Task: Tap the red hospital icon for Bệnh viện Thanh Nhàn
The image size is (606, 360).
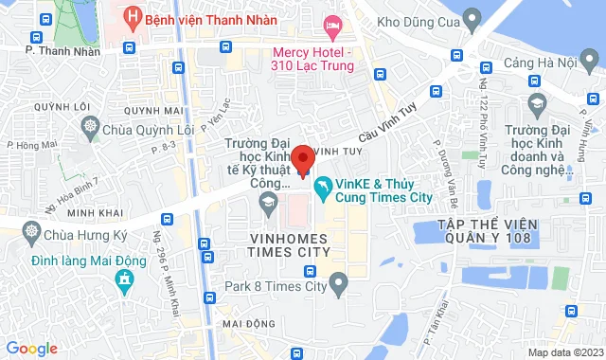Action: point(134,17)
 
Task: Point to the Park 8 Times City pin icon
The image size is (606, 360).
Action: point(340,282)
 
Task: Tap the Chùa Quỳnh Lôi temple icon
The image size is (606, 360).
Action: point(91,126)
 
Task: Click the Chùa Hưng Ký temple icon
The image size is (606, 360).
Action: point(32,230)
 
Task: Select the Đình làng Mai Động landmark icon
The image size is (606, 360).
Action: point(121,279)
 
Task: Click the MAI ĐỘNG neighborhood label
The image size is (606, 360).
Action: point(247,323)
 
